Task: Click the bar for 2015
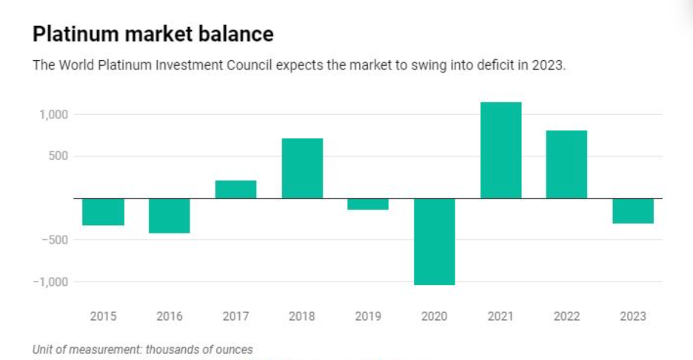click(103, 212)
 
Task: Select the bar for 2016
click(169, 216)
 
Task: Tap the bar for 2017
click(235, 190)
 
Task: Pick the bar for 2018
click(302, 168)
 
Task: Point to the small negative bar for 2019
click(368, 204)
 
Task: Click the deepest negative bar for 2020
click(435, 241)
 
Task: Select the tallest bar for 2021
click(500, 150)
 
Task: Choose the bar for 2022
click(566, 164)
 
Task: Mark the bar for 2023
click(633, 211)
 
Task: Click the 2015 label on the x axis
click(103, 316)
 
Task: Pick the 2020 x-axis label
click(435, 316)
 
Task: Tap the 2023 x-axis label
click(633, 316)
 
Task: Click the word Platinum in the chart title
click(74, 34)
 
